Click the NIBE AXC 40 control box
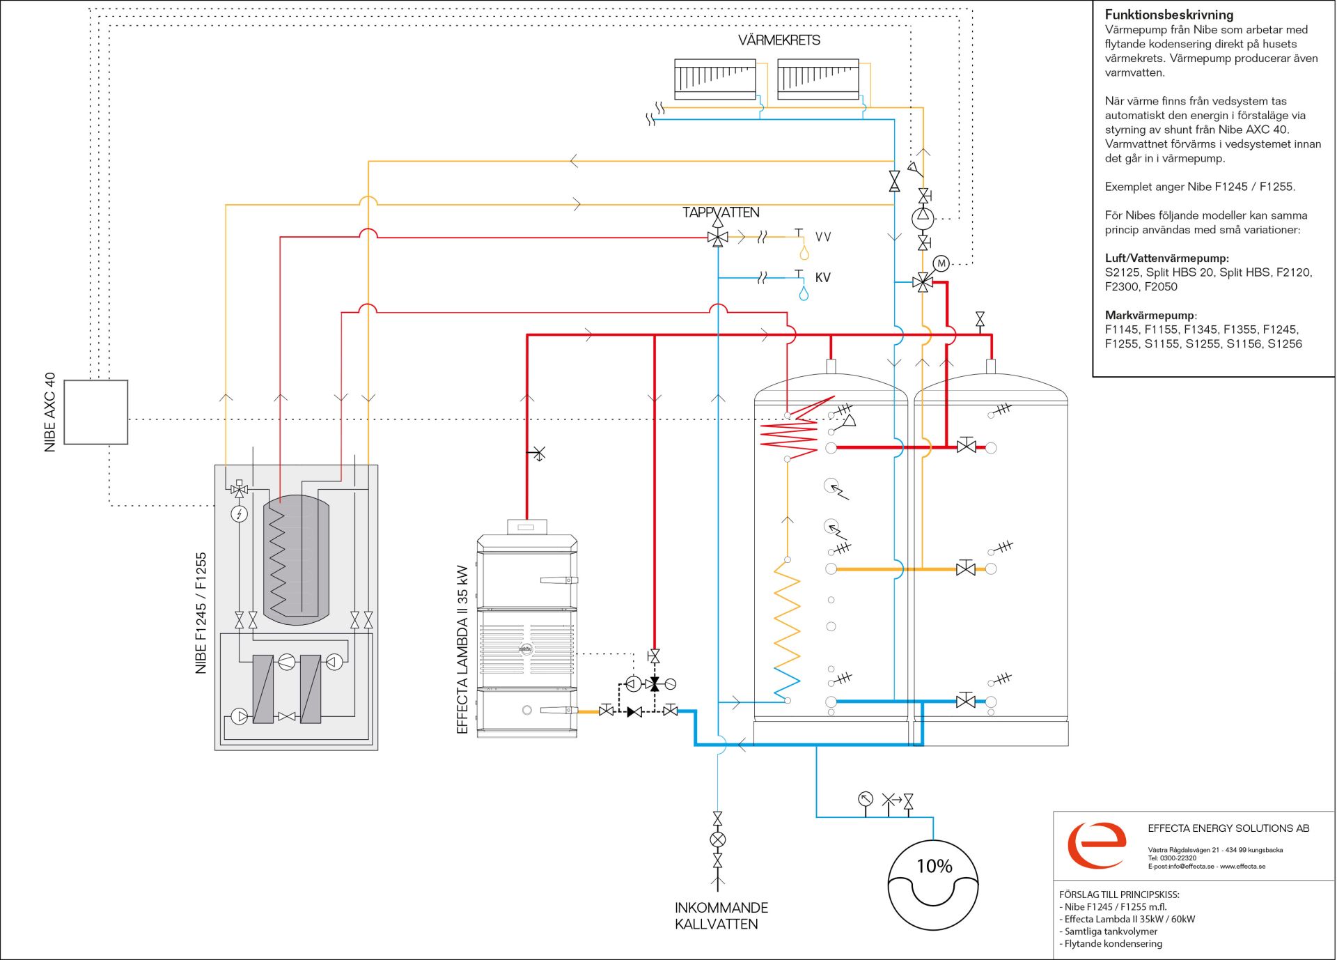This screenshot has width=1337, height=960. coord(96,412)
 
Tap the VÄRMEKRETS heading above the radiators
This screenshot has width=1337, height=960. coord(779,40)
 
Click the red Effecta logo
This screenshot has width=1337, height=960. coord(1097,844)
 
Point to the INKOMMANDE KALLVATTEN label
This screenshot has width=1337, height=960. coord(721,916)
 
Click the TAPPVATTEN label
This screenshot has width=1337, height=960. coord(721,212)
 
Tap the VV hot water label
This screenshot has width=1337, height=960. coord(823,237)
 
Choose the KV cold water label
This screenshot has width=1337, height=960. coord(823,277)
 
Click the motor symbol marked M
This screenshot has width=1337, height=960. coord(941,263)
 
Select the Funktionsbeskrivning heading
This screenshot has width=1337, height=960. coord(1169,15)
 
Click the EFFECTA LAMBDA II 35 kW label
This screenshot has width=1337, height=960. coord(462,649)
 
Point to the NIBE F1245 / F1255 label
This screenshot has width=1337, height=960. coord(201,613)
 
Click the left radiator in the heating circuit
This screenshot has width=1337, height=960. coord(715,79)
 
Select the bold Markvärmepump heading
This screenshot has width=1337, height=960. coord(1150,316)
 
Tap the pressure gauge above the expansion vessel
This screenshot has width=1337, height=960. coord(866,799)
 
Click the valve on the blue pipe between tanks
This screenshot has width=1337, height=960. coord(966,701)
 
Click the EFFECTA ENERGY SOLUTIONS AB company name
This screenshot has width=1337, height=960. coord(1228,828)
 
